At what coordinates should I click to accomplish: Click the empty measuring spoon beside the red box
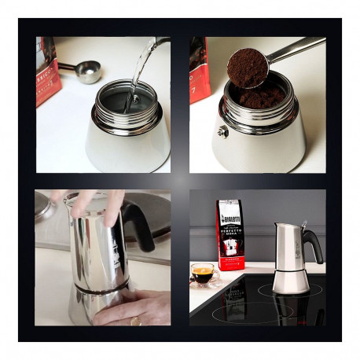coord(86,72)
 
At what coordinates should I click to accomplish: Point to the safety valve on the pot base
coord(223,132)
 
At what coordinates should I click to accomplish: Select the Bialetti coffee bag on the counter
coord(230,236)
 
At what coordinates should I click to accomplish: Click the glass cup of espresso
coord(203,274)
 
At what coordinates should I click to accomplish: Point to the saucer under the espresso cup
coord(203,283)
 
